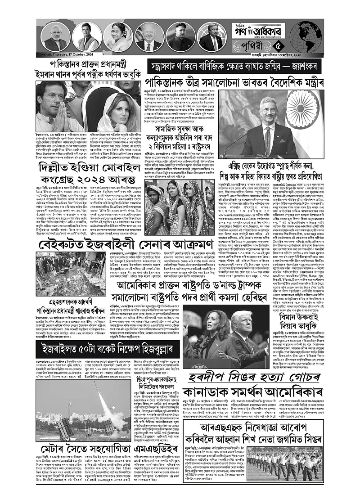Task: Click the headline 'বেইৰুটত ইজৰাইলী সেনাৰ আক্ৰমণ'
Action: [x=107, y=234]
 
